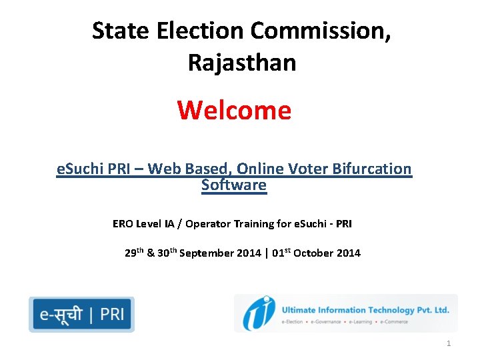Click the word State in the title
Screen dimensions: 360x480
pos(112,31)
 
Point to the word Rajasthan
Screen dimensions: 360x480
pos(241,63)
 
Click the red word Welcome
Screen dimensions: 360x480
pos(235,110)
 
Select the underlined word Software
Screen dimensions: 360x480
pos(234,185)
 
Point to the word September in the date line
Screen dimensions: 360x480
pos(207,253)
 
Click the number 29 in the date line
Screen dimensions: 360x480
pos(131,253)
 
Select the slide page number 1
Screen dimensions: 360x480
pos(449,343)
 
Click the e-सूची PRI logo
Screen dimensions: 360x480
pos(81,314)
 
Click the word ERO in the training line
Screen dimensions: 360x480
pos(123,224)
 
